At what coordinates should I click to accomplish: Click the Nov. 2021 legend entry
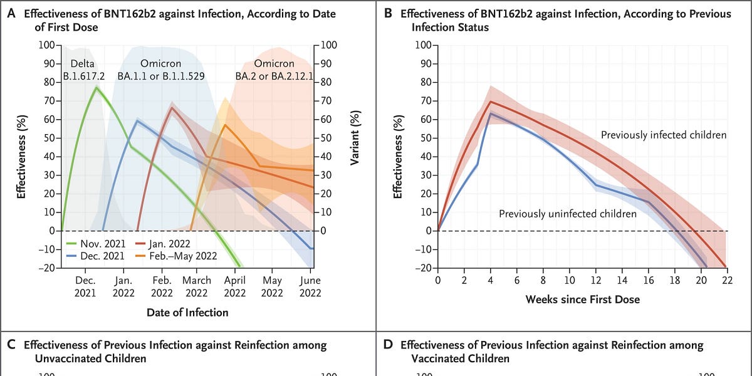tap(98, 243)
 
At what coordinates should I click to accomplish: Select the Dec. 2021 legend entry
tap(98, 256)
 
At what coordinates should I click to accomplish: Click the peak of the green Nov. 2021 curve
tap(96, 87)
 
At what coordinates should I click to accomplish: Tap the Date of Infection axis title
tap(187, 312)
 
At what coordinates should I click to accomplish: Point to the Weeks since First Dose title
tap(582, 300)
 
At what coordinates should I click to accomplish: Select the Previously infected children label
tap(664, 135)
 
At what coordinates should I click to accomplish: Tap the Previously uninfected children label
tap(567, 214)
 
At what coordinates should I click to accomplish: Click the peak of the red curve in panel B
tap(491, 102)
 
